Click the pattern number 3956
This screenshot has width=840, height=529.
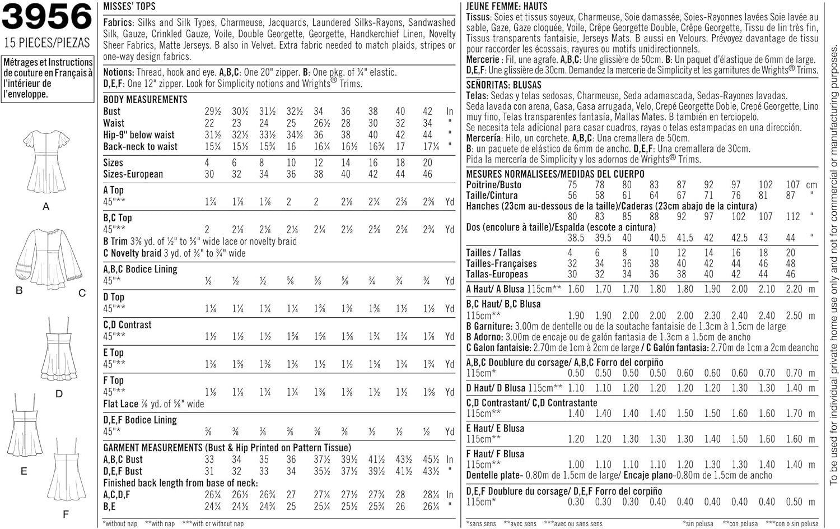click(47, 17)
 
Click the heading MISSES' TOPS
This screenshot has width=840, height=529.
click(129, 7)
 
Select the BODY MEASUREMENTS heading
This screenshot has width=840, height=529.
click(145, 99)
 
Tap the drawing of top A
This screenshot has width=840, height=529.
click(46, 162)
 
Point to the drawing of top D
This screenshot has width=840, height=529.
click(59, 350)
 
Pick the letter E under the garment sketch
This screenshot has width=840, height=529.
click(24, 471)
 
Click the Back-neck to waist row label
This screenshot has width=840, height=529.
click(140, 147)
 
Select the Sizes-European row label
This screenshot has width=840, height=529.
click(133, 174)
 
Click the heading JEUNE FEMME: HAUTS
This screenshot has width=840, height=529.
click(506, 6)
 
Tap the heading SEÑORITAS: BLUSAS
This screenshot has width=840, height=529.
click(503, 85)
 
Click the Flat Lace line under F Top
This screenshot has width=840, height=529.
click(153, 404)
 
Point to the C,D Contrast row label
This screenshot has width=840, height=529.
click(127, 325)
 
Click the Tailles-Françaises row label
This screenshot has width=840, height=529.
click(501, 263)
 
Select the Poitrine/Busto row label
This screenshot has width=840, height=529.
click(493, 185)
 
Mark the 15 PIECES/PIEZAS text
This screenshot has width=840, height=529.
click(46, 43)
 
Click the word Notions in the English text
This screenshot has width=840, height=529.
click(118, 72)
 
